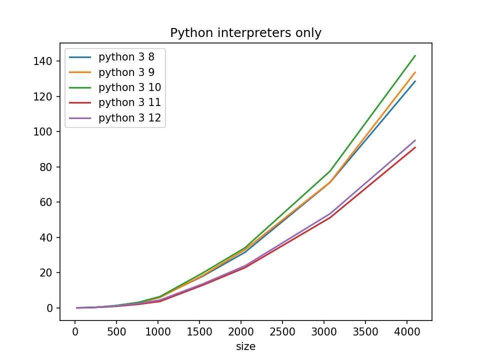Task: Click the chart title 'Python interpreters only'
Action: point(245,33)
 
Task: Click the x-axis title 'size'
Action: point(245,346)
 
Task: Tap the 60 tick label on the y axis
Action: point(49,202)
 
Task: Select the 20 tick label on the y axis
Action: point(49,272)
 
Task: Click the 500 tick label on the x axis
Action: point(116,332)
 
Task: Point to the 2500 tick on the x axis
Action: point(282,332)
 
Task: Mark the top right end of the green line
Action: point(415,55)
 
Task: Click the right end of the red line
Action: point(415,147)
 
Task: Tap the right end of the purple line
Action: point(415,140)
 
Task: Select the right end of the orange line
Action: point(415,72)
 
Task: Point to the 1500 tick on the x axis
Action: point(199,332)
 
